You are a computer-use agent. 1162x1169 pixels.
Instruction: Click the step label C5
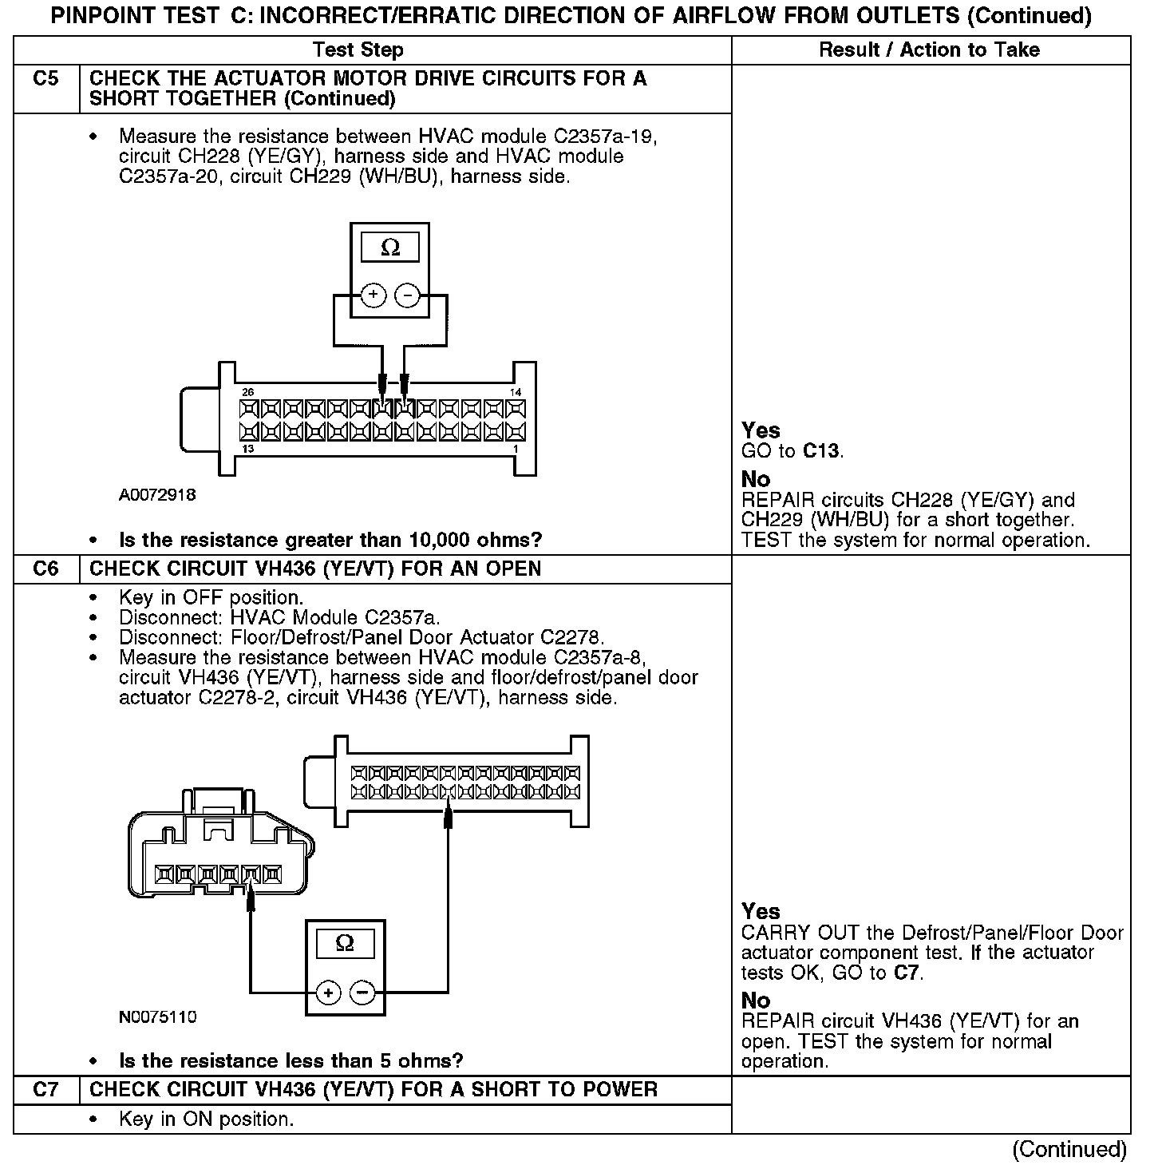pos(45,79)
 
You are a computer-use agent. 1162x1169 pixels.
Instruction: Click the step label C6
pos(45,569)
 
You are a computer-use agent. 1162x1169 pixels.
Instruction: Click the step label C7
pos(45,1090)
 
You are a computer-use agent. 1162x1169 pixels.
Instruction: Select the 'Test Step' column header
pos(358,50)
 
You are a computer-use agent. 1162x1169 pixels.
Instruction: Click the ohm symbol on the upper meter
pos(390,248)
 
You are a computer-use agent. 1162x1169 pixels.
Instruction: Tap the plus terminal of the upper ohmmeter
pos(373,296)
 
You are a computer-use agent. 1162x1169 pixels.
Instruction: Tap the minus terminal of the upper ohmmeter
pos(407,296)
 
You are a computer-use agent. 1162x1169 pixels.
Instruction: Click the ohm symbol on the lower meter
pos(345,944)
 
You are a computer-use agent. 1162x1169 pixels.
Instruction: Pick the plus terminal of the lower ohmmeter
pos(328,993)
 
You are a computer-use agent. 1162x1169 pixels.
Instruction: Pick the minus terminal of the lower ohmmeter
pos(362,993)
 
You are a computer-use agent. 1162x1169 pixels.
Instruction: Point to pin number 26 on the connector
pos(248,392)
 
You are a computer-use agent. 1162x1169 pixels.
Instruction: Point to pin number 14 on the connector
pos(516,392)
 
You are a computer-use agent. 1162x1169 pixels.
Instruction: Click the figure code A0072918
pos(157,495)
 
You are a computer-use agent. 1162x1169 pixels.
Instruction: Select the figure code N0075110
pos(157,1017)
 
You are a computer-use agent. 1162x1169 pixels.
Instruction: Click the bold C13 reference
pos(821,451)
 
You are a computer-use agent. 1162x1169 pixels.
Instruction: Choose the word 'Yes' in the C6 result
pos(761,911)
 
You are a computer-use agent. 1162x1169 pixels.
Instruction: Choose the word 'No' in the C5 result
pos(756,479)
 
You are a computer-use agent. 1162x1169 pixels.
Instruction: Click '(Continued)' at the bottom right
pos(1069,1149)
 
